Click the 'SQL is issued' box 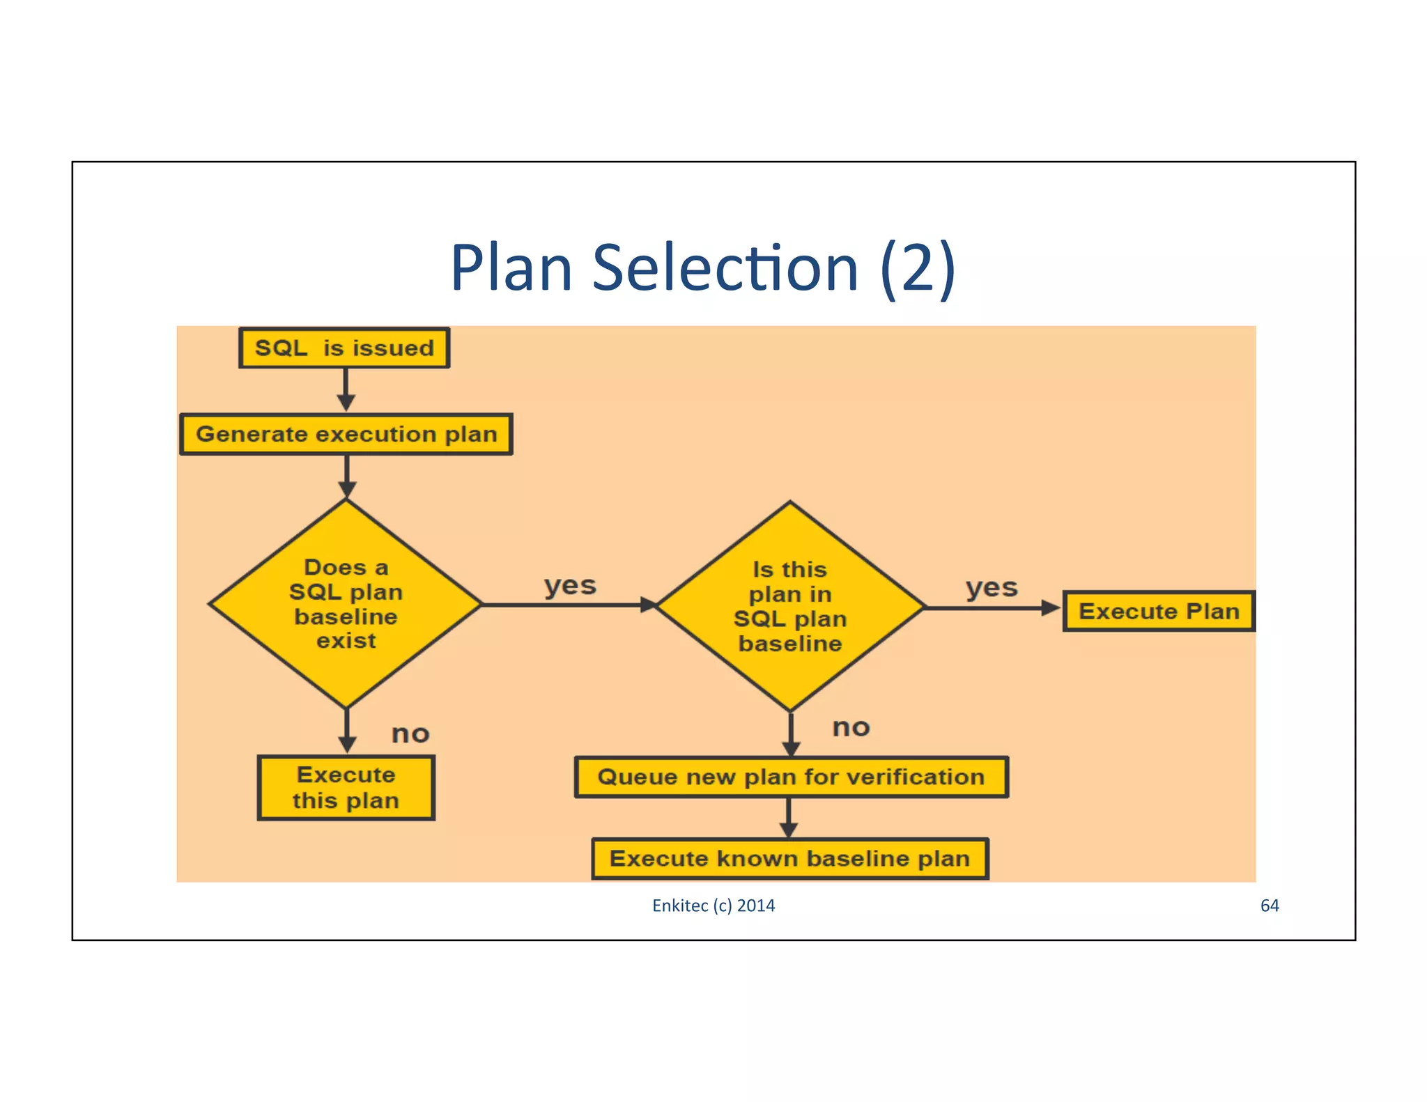pos(344,348)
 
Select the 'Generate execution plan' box pos(346,434)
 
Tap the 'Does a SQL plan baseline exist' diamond pos(346,604)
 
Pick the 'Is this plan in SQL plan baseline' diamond pos(790,607)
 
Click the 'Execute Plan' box pos(1159,611)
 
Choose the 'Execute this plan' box pos(346,788)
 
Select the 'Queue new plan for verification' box pos(791,777)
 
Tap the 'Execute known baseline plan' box pos(789,858)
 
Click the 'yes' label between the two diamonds pos(570,586)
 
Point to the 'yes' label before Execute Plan pos(992,588)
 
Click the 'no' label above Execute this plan pos(410,734)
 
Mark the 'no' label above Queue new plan pos(851,727)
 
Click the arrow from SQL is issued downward pos(346,390)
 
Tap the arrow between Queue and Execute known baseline pos(789,818)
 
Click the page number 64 pos(1270,906)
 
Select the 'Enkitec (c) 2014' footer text pos(713,906)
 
